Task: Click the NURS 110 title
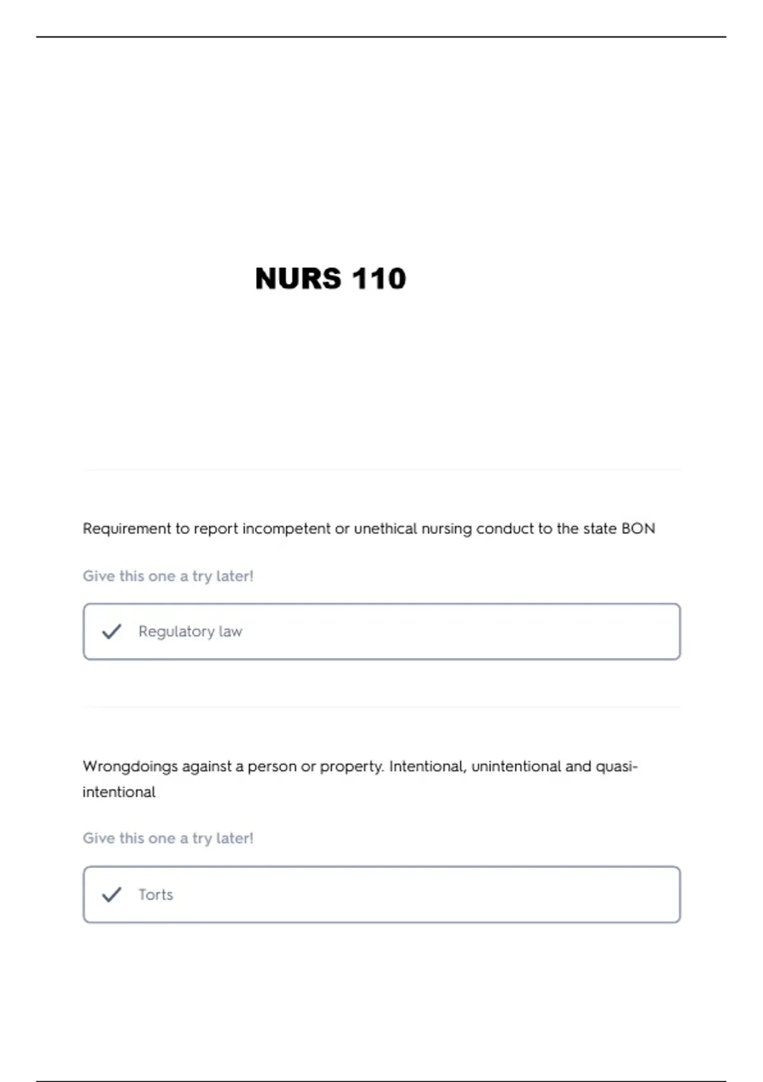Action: (x=330, y=279)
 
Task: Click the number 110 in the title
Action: (x=378, y=279)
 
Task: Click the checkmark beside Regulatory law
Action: (x=112, y=631)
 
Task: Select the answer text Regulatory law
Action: (x=190, y=631)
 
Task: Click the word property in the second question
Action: (x=351, y=766)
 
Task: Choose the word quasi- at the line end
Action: (x=616, y=766)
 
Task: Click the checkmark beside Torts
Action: (x=112, y=894)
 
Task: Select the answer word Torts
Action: (x=156, y=894)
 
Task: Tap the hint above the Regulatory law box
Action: (x=168, y=576)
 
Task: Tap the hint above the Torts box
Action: (x=168, y=838)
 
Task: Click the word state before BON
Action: (x=599, y=529)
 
